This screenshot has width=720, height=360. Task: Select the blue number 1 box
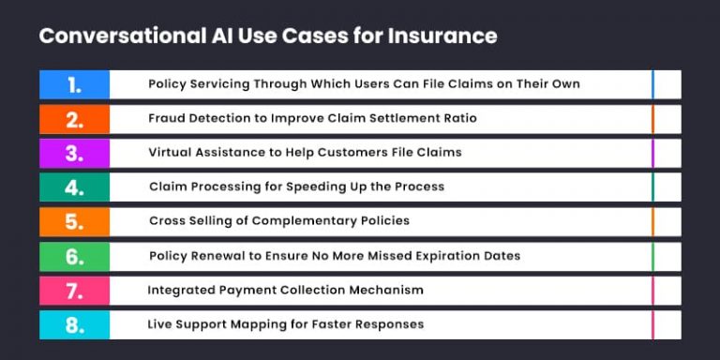[x=74, y=84]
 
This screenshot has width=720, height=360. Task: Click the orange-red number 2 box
[x=74, y=119]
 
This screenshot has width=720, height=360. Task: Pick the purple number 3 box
[x=74, y=153]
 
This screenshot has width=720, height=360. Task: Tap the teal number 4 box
[x=74, y=187]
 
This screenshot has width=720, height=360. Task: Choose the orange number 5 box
[x=74, y=221]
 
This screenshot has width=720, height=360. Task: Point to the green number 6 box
[x=74, y=256]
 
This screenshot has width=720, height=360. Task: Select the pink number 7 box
[x=74, y=291]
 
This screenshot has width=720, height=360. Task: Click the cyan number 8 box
[x=74, y=324]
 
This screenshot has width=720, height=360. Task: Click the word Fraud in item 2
[x=167, y=118]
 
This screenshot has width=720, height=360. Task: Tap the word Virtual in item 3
[x=171, y=152]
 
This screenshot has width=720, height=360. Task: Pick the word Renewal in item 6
[x=215, y=256]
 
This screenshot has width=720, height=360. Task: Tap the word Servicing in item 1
[x=217, y=84]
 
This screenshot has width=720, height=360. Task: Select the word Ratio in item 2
[x=458, y=118]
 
